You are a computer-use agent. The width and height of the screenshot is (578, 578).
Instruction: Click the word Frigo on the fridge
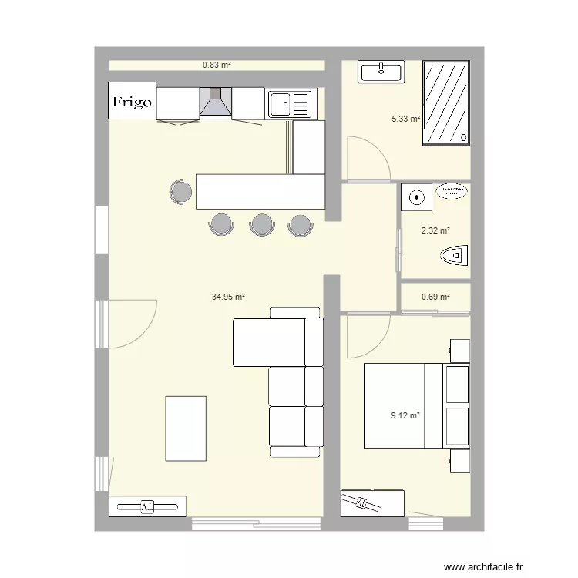132,102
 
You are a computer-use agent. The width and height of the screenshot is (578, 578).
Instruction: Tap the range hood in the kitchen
216,102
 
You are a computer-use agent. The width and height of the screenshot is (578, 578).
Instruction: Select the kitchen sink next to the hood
291,102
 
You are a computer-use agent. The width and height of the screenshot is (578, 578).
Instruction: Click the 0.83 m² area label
217,66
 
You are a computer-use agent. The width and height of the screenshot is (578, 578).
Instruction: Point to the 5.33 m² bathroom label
405,119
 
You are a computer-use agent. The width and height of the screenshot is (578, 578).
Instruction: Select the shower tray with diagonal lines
445,102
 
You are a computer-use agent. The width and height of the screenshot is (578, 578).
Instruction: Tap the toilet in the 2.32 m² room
455,254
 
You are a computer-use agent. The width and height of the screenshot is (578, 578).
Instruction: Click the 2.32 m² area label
435,230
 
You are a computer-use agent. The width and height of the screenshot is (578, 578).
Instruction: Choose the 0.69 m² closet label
435,297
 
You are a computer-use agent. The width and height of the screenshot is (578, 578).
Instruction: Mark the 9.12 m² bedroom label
405,415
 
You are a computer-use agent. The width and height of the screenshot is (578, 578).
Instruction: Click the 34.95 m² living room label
228,297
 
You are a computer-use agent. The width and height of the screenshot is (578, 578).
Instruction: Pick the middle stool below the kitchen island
262,223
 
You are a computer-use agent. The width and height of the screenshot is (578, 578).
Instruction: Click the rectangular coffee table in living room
185,428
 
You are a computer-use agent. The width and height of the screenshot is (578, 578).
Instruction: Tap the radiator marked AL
147,506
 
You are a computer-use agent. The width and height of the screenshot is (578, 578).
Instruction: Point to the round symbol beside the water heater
417,198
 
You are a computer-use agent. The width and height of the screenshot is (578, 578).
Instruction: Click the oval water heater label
451,190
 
